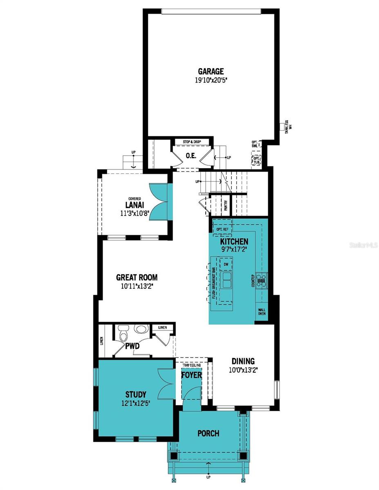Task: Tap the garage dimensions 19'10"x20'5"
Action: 211,80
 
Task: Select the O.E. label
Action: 191,156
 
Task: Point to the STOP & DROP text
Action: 192,142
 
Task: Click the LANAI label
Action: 134,205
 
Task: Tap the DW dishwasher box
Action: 226,265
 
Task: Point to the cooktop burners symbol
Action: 261,280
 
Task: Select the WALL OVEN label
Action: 262,312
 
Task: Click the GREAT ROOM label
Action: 137,278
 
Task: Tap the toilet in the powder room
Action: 123,333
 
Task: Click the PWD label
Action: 132,346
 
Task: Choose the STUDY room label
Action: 136,394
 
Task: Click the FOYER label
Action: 191,374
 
